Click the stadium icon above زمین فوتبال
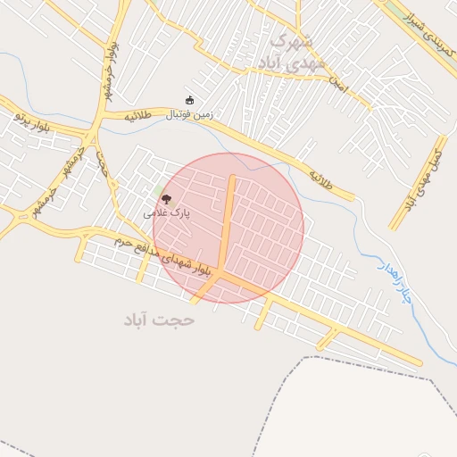tap(188, 100)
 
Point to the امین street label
tap(337, 85)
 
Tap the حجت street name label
tap(104, 166)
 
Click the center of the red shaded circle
tap(228, 228)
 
